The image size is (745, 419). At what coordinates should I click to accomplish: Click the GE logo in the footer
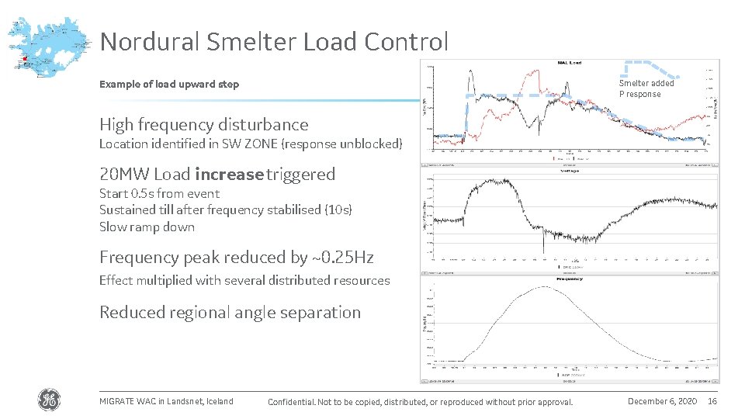pos(48,400)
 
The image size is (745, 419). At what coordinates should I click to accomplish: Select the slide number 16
pos(713,401)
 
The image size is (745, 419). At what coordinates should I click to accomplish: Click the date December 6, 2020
pos(662,401)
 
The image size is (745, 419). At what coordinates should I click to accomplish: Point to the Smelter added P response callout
pos(646,88)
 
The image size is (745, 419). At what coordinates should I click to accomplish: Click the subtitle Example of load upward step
pos(169,85)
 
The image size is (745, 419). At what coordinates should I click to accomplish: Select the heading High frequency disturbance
pos(203,125)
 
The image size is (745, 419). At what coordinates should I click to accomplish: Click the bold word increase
pos(229,174)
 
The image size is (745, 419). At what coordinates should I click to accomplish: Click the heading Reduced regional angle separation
pos(230,313)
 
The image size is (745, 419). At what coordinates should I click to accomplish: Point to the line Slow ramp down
pos(147,227)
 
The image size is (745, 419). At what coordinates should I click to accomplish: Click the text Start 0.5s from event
pos(159,194)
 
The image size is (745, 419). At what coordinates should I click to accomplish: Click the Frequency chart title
pos(569,279)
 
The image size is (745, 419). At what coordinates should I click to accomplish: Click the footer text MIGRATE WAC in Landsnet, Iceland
pos(166,401)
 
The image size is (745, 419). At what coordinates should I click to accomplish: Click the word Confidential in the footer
pos(291,402)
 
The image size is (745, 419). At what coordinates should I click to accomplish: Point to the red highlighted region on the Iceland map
pos(25,57)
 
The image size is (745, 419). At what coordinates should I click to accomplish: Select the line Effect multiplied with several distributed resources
pos(244,281)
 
